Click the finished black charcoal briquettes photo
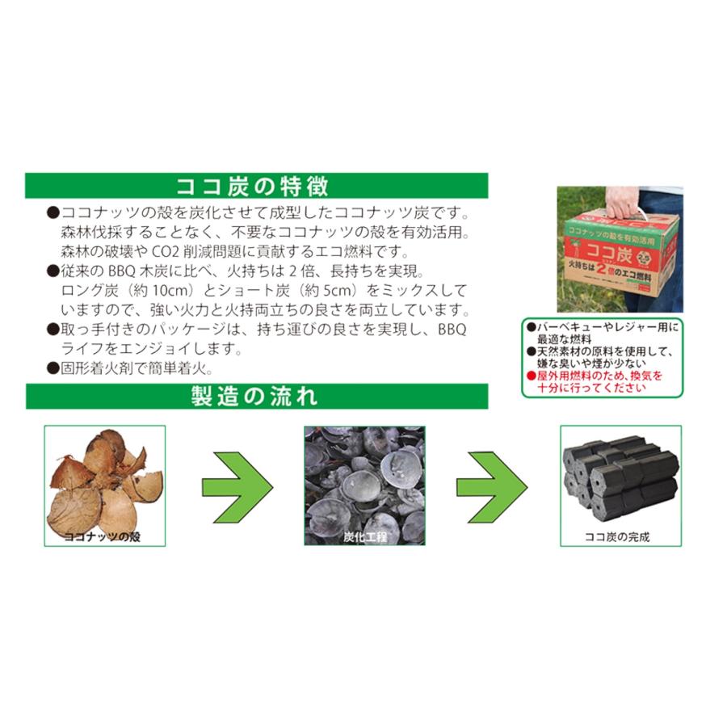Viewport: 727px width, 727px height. [x=620, y=481]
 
